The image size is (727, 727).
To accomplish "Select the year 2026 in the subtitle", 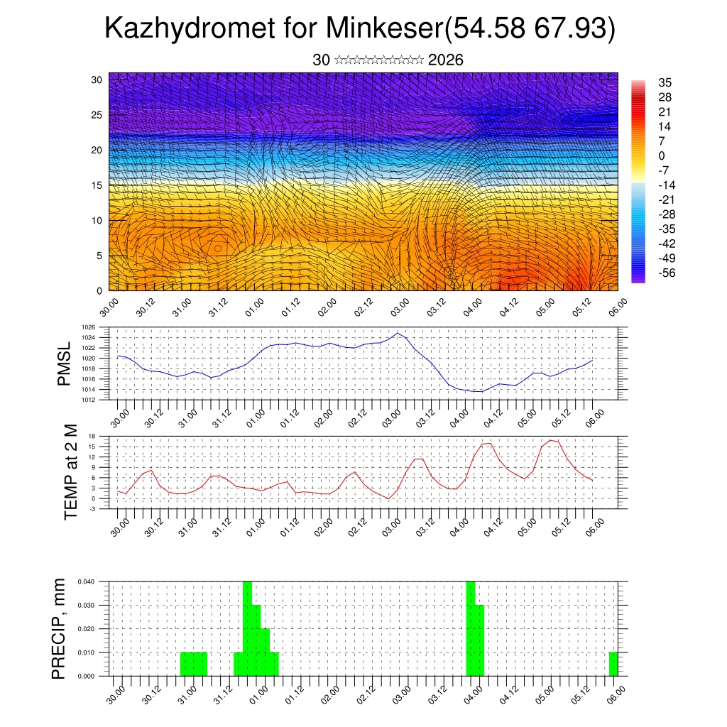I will (446, 60).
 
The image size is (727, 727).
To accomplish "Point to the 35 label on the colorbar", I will (665, 82).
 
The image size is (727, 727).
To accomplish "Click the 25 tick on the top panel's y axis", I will (97, 115).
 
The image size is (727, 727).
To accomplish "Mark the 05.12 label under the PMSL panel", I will (563, 416).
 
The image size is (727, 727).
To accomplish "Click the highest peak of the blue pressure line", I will (398, 333).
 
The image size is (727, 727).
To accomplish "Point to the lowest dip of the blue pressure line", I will (481, 392).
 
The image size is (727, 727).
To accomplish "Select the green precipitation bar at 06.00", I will (613, 664).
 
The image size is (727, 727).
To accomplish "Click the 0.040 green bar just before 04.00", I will (471, 628).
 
